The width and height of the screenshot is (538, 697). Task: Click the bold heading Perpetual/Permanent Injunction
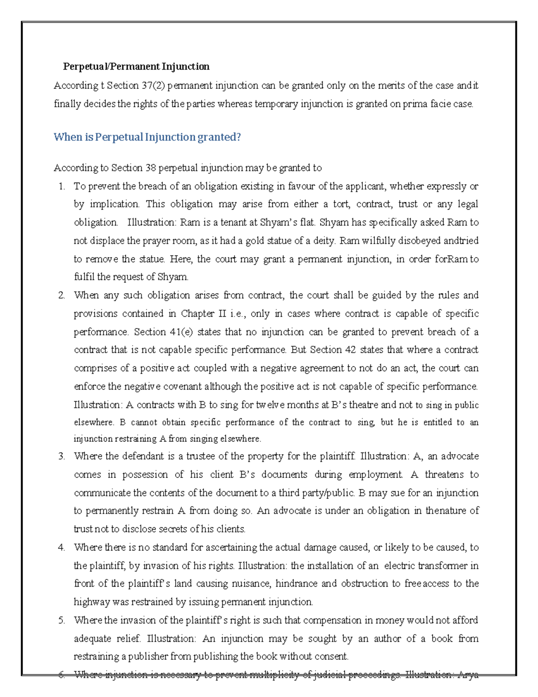(x=136, y=67)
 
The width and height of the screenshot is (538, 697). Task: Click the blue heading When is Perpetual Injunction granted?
(x=147, y=137)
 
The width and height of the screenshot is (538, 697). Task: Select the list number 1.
(x=62, y=186)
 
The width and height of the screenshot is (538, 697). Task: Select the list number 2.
(x=62, y=295)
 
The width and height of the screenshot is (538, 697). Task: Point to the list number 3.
(x=62, y=456)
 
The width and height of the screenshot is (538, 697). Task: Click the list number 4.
(x=62, y=548)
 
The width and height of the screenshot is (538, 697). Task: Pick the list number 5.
(x=62, y=620)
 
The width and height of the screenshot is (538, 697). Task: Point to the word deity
(x=324, y=241)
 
